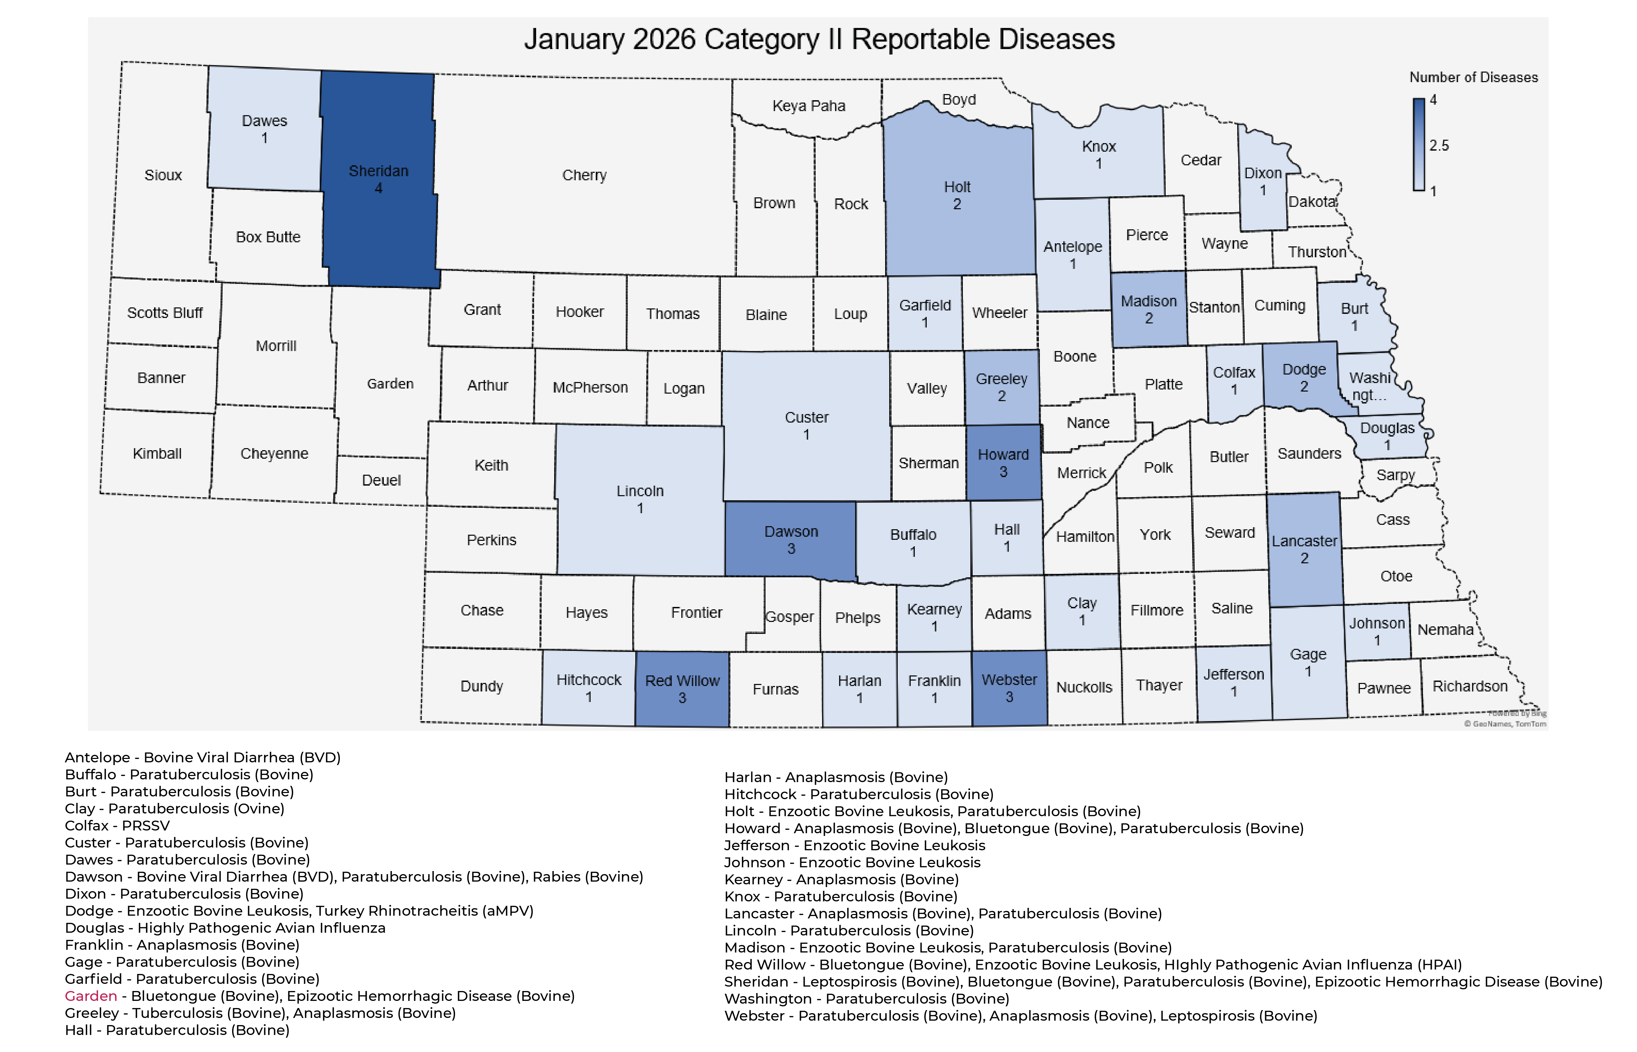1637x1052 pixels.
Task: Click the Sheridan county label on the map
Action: pos(379,171)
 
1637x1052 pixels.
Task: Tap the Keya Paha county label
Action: pos(808,106)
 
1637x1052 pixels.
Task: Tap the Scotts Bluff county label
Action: pos(165,313)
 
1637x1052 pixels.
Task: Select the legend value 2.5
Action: pos(1439,146)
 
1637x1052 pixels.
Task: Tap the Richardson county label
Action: pos(1470,687)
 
